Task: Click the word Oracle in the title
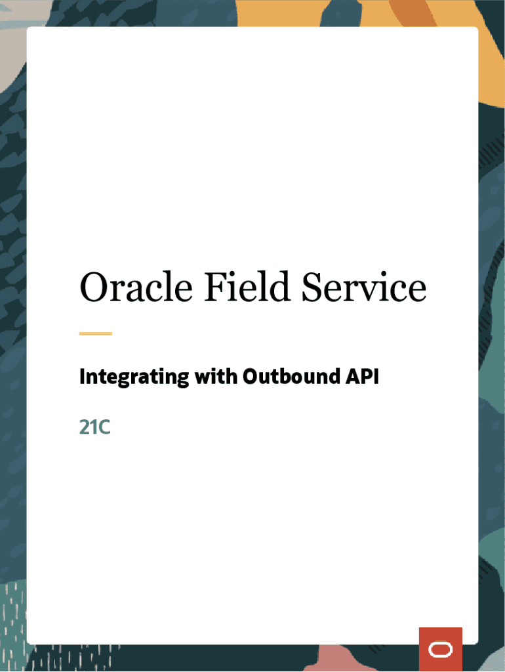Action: click(136, 287)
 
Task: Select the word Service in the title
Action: click(364, 287)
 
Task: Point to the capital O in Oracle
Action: click(92, 287)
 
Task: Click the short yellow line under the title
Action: click(96, 333)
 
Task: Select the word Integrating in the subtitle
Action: click(131, 377)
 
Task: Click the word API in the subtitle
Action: click(363, 377)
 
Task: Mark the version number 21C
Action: click(94, 427)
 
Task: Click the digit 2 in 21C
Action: click(84, 427)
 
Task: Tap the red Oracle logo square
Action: click(440, 649)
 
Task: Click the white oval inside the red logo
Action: click(440, 650)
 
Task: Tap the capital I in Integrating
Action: click(82, 377)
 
